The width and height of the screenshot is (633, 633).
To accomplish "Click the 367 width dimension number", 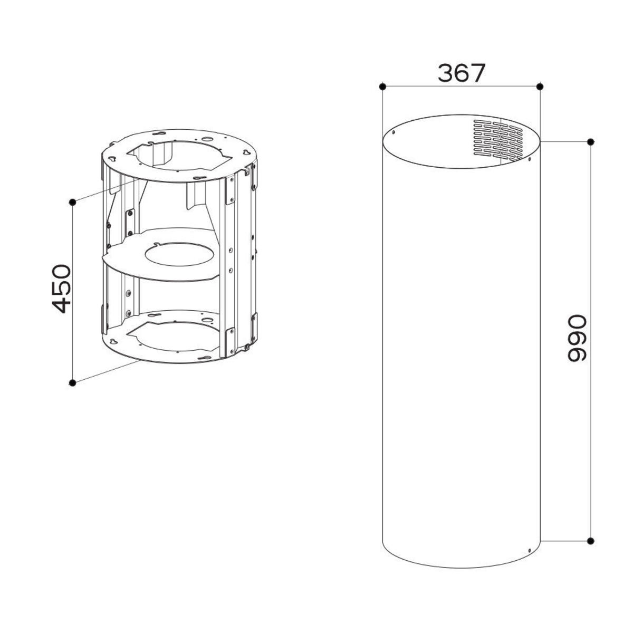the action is pos(461,73).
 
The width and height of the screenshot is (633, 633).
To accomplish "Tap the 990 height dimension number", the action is pos(577,338).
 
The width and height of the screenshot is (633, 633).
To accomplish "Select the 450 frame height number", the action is pos(61,289).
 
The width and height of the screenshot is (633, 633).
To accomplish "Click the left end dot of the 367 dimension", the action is pos(382,87).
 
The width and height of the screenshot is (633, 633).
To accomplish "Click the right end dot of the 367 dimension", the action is pos(540,87).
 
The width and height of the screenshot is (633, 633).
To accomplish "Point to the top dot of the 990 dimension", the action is pos(591,142).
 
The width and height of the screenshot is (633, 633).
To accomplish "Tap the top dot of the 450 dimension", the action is pos(73,203).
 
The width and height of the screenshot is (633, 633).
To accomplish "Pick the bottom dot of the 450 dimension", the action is pos(73,382).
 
